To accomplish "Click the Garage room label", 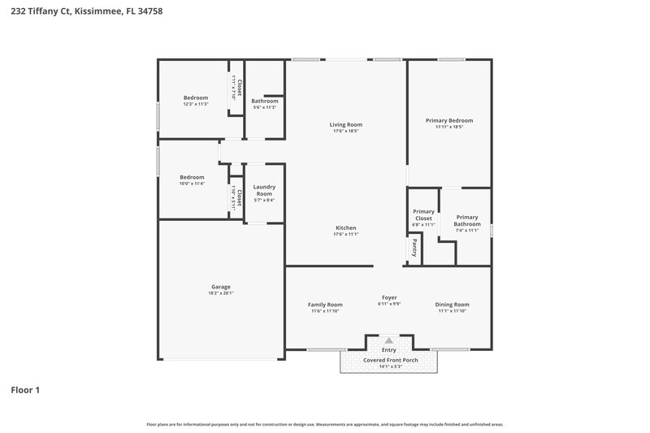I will tap(221, 286).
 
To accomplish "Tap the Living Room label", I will tap(345, 124).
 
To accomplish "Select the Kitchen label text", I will tap(345, 227).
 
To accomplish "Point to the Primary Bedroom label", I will tap(449, 120).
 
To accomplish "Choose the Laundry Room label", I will tap(264, 191).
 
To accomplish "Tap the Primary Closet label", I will tap(423, 215).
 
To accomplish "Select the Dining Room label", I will tap(453, 305).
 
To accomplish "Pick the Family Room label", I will tap(325, 305).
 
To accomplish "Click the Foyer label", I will tap(389, 297).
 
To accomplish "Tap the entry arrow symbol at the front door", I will tap(389, 340).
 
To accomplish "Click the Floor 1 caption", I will tap(25, 390).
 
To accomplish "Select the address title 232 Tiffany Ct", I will tap(80, 12).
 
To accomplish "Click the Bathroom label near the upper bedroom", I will tap(265, 101).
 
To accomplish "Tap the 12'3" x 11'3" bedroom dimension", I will tap(195, 104).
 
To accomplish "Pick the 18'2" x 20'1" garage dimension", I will tap(221, 292).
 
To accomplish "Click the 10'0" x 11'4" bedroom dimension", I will tap(192, 184).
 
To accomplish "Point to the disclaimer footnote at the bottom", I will tap(324, 424).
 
